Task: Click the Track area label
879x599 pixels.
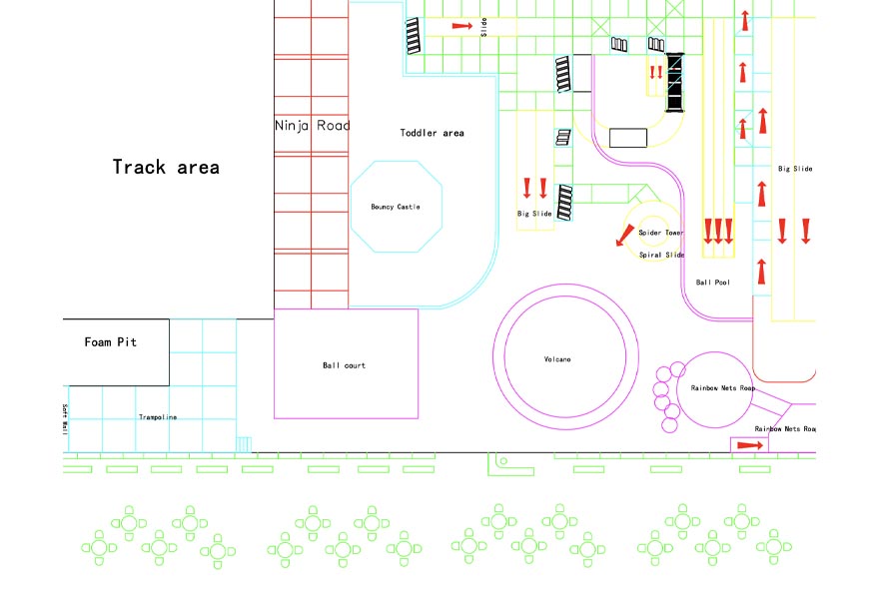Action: pos(166,168)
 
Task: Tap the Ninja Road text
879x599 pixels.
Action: pos(313,126)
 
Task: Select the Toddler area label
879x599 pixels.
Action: pos(432,133)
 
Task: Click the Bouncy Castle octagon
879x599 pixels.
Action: pos(396,207)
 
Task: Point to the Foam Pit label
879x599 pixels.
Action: pos(111,342)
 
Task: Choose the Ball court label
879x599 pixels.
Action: pos(344,365)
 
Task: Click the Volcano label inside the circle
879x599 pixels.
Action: pos(557,359)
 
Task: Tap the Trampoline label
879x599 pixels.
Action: pos(158,417)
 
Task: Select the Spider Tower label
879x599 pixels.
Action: pos(661,233)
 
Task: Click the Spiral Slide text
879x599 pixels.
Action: pos(661,255)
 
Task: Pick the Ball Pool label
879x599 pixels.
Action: pos(712,283)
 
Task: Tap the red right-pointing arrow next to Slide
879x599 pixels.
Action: pos(461,26)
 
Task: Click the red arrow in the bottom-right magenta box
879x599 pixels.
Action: pos(750,445)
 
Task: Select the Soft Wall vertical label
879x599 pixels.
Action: pos(65,418)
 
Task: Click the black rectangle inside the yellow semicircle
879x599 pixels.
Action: pos(628,138)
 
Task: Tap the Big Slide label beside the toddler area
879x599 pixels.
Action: pos(534,214)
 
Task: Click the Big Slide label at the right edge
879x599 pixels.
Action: pos(795,169)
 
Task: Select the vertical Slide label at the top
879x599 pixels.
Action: pos(483,26)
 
